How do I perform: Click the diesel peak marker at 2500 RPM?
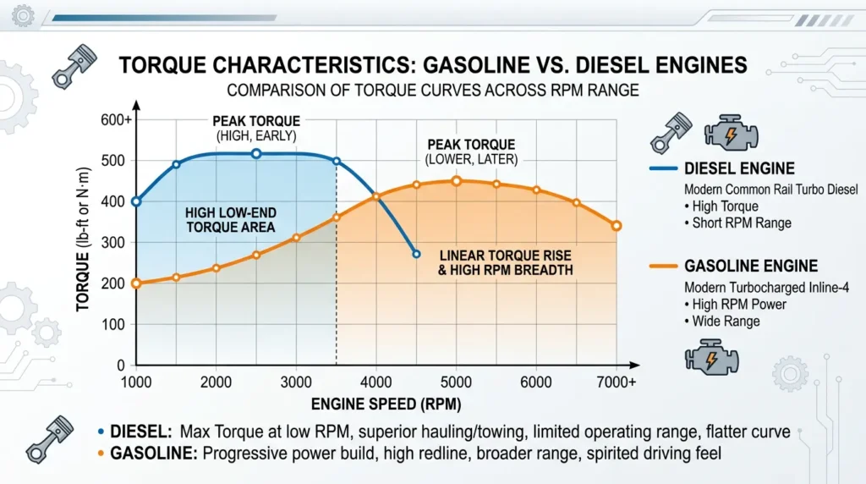click(256, 154)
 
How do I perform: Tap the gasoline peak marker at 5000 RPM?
click(456, 181)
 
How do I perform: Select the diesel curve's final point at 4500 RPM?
click(416, 254)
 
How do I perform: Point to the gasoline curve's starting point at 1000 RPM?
click(136, 283)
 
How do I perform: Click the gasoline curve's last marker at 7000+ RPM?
click(617, 226)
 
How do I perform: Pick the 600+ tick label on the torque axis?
click(116, 120)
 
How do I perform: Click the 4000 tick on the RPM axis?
click(376, 382)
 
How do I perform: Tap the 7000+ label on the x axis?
click(617, 382)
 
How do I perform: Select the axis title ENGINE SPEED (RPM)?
click(386, 404)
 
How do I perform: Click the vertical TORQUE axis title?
click(83, 239)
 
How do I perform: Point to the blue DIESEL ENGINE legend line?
click(663, 168)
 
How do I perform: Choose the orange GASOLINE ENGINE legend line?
click(663, 267)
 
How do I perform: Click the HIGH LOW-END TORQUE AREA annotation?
click(230, 220)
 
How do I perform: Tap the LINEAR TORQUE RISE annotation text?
click(506, 263)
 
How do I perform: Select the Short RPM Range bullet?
click(737, 223)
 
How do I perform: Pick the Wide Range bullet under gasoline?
click(722, 322)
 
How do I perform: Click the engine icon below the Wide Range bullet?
click(711, 357)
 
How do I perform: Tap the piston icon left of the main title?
click(74, 66)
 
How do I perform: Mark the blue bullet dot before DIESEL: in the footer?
click(101, 432)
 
